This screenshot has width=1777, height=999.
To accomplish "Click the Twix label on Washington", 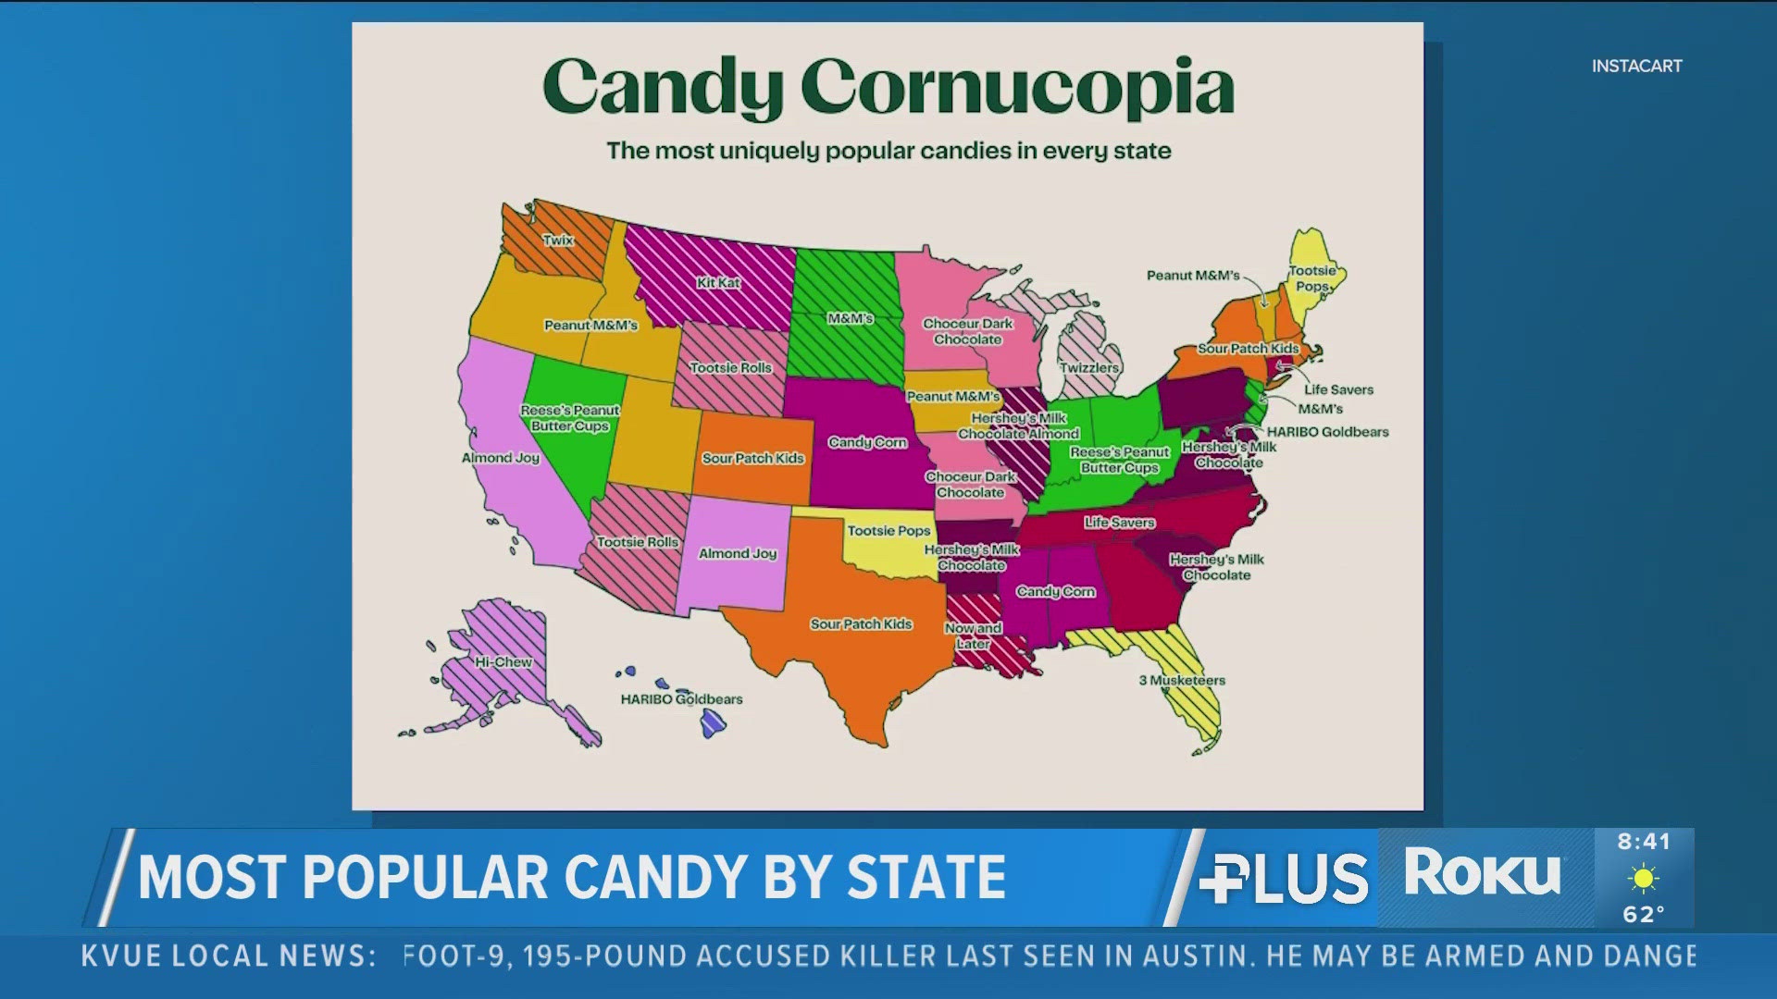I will click(x=558, y=240).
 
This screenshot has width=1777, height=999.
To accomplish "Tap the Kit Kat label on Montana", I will click(x=718, y=283).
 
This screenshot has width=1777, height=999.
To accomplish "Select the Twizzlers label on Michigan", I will click(x=1089, y=368).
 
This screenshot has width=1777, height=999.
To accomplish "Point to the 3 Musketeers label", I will click(x=1182, y=681).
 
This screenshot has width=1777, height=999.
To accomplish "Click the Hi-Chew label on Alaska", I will click(x=503, y=662).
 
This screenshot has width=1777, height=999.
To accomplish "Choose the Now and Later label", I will click(x=973, y=635).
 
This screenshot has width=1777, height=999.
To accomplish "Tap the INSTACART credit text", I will click(x=1636, y=67).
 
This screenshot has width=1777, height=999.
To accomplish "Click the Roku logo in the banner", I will click(x=1482, y=872).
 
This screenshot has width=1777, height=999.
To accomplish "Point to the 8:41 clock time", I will click(x=1644, y=842).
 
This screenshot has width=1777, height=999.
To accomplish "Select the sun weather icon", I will click(x=1644, y=878).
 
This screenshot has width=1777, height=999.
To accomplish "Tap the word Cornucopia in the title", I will click(x=1017, y=88).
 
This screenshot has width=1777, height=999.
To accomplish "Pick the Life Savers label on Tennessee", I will click(x=1119, y=523).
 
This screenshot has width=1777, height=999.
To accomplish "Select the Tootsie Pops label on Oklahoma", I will click(x=888, y=531).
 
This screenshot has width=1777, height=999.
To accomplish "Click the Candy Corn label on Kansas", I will click(x=867, y=443).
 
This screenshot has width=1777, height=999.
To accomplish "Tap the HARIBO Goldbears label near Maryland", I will click(x=1327, y=432).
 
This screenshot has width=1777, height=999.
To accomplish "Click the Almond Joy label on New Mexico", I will click(x=738, y=554).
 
